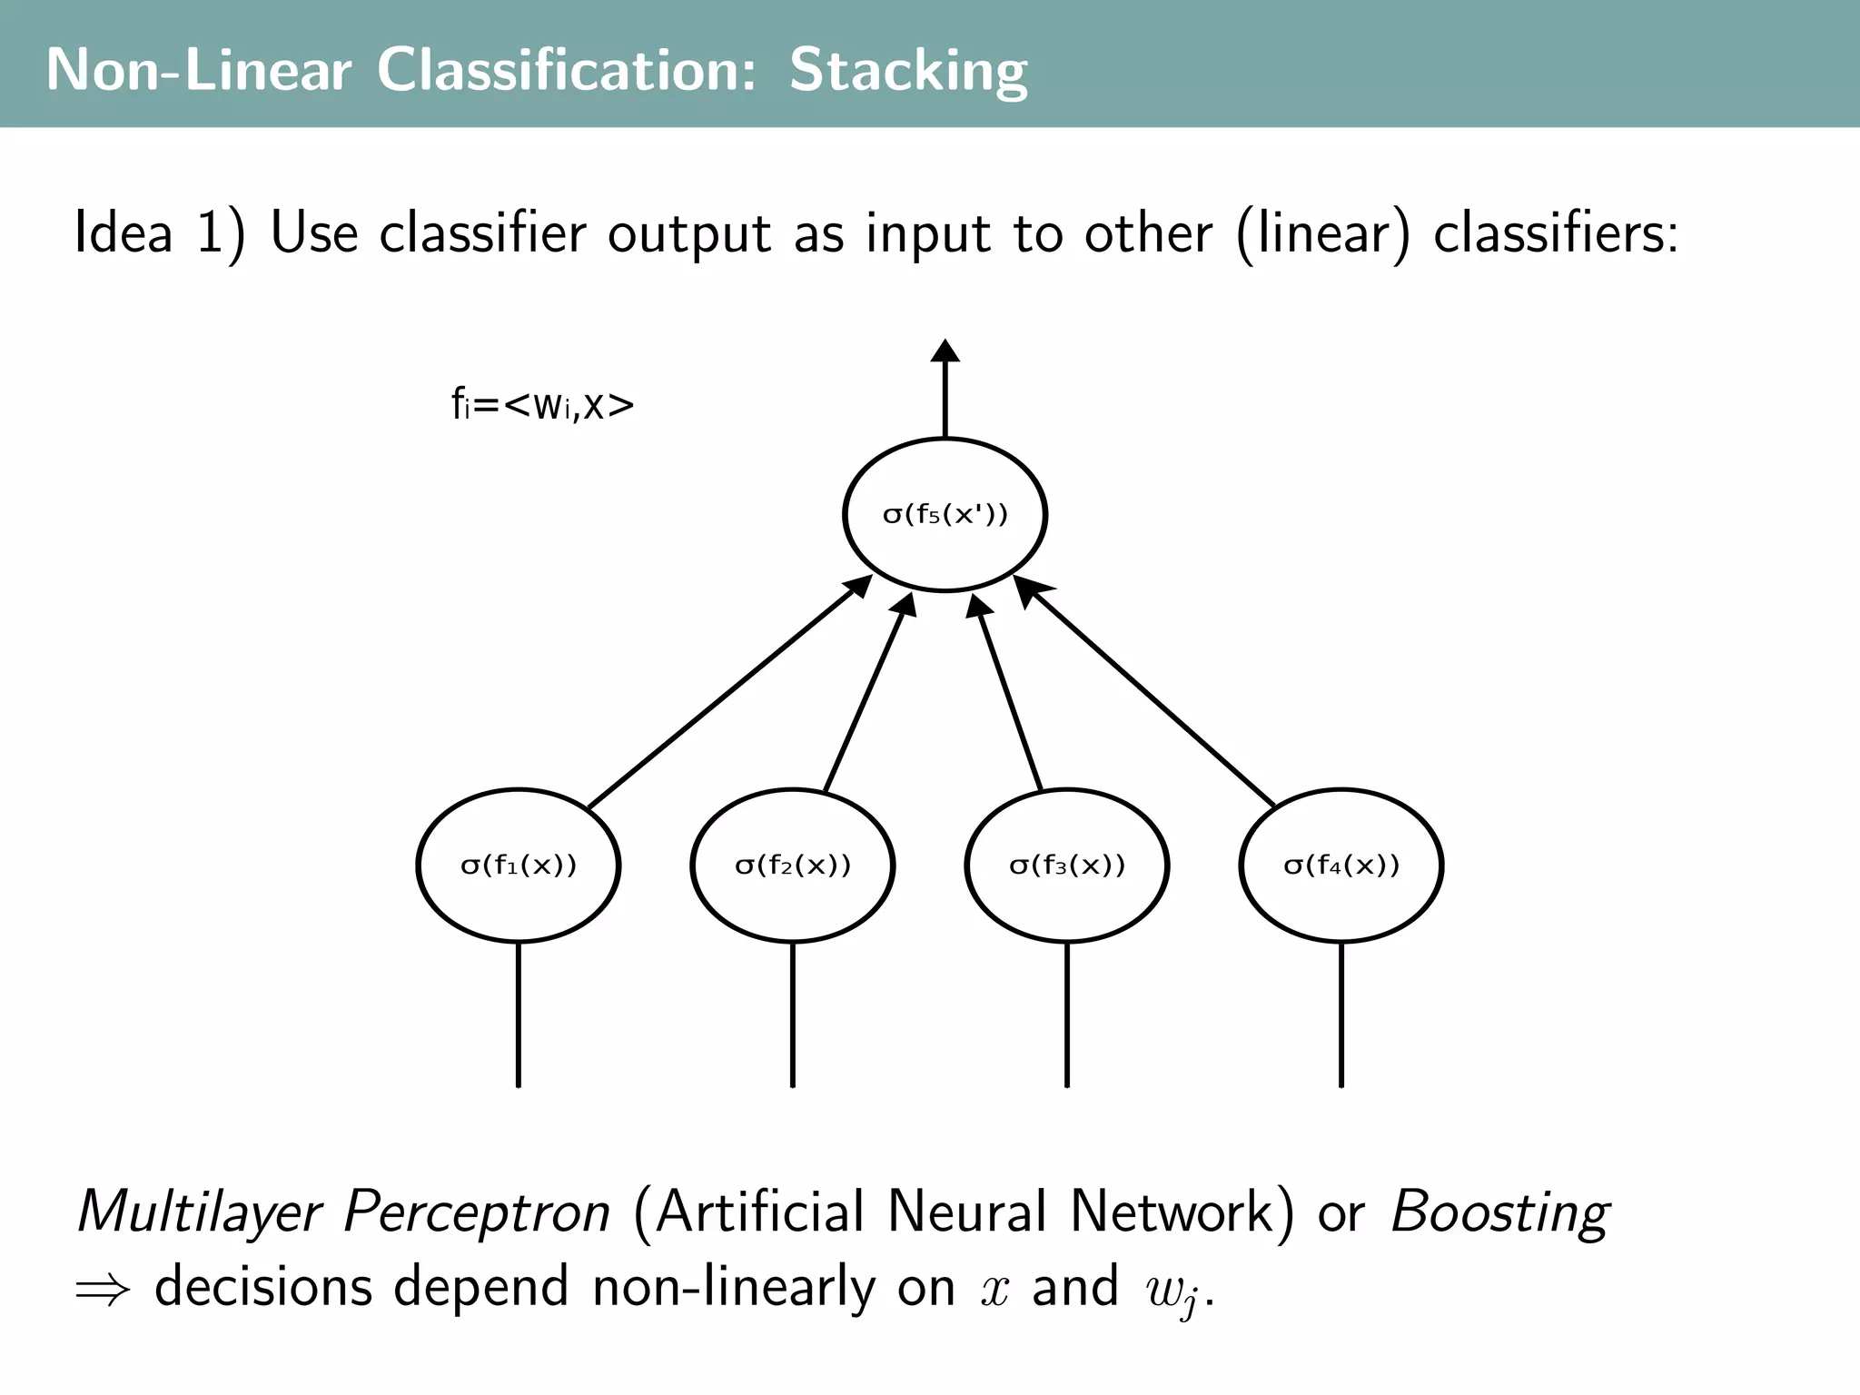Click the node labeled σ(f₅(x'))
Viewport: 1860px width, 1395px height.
pyautogui.click(x=945, y=515)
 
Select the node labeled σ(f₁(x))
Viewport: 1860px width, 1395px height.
pyautogui.click(x=519, y=865)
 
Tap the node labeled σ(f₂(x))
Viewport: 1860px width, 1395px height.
pyautogui.click(x=793, y=865)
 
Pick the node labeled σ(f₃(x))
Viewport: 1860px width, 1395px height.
pyautogui.click(x=1067, y=865)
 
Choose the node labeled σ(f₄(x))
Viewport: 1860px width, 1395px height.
pyautogui.click(x=1341, y=865)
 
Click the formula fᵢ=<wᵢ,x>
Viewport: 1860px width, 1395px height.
pyautogui.click(x=542, y=405)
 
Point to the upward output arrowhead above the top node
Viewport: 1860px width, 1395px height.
pyautogui.click(x=945, y=352)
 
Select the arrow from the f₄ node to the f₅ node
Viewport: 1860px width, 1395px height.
pyautogui.click(x=1149, y=695)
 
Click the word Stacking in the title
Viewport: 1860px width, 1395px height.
pyautogui.click(x=908, y=71)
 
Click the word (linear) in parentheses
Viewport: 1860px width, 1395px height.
pyautogui.click(x=1323, y=233)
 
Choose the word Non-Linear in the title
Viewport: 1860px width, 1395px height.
pyautogui.click(x=198, y=71)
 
